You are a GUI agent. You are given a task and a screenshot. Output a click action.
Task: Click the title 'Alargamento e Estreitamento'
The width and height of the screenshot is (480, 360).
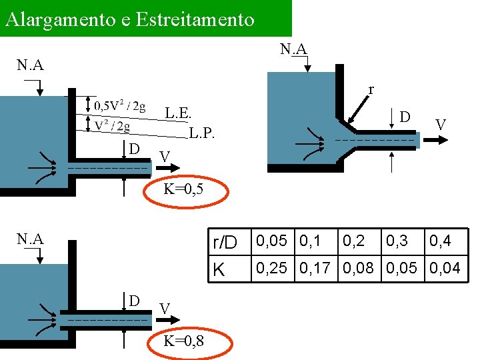click(x=129, y=19)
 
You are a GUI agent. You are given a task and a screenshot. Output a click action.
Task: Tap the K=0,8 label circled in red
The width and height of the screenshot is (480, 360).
click(x=184, y=341)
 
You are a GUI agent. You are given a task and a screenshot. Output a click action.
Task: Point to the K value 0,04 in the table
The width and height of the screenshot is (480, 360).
click(x=445, y=269)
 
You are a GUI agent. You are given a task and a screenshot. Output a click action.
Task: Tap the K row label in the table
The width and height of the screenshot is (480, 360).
click(x=217, y=270)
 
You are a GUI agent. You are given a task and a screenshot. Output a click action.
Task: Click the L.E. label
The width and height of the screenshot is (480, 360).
click(x=179, y=113)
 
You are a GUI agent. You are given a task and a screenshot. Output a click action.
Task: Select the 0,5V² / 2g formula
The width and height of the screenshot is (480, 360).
click(x=120, y=106)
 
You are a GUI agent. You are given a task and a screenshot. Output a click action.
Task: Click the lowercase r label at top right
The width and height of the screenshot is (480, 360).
click(x=371, y=89)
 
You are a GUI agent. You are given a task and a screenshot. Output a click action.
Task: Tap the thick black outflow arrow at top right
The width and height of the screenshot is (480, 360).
click(x=437, y=140)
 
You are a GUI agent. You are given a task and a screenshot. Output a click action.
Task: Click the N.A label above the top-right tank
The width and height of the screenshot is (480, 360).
click(x=293, y=49)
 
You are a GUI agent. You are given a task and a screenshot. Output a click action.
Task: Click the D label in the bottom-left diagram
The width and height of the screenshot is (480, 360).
click(x=134, y=301)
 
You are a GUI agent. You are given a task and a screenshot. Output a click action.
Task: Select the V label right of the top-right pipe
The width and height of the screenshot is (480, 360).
click(x=440, y=125)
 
